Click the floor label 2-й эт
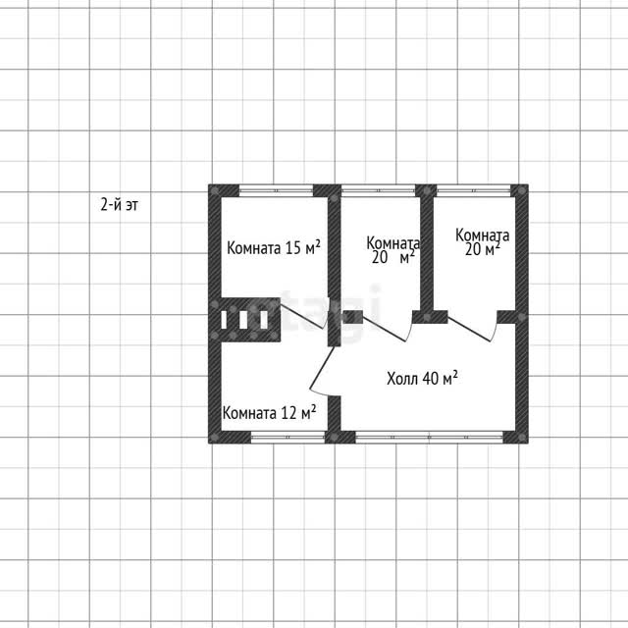pos(119,205)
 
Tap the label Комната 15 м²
pos(274,247)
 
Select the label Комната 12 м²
pos(269,412)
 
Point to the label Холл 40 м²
pos(422,378)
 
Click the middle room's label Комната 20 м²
pos(392,250)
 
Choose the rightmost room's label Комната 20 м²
pos(482,242)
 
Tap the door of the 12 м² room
pos(323,370)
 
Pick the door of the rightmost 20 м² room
pos(473,327)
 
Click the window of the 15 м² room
pos(276,190)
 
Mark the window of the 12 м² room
pos(288,437)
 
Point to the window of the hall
pos(429,437)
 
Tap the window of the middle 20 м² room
pos(378,190)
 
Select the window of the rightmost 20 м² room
pos(474,190)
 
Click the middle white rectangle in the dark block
pos(243,320)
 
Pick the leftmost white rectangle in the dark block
pos(224,320)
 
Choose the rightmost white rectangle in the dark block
pos(264,320)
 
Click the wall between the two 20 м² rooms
pos(427,253)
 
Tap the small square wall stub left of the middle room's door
pos(352,317)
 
